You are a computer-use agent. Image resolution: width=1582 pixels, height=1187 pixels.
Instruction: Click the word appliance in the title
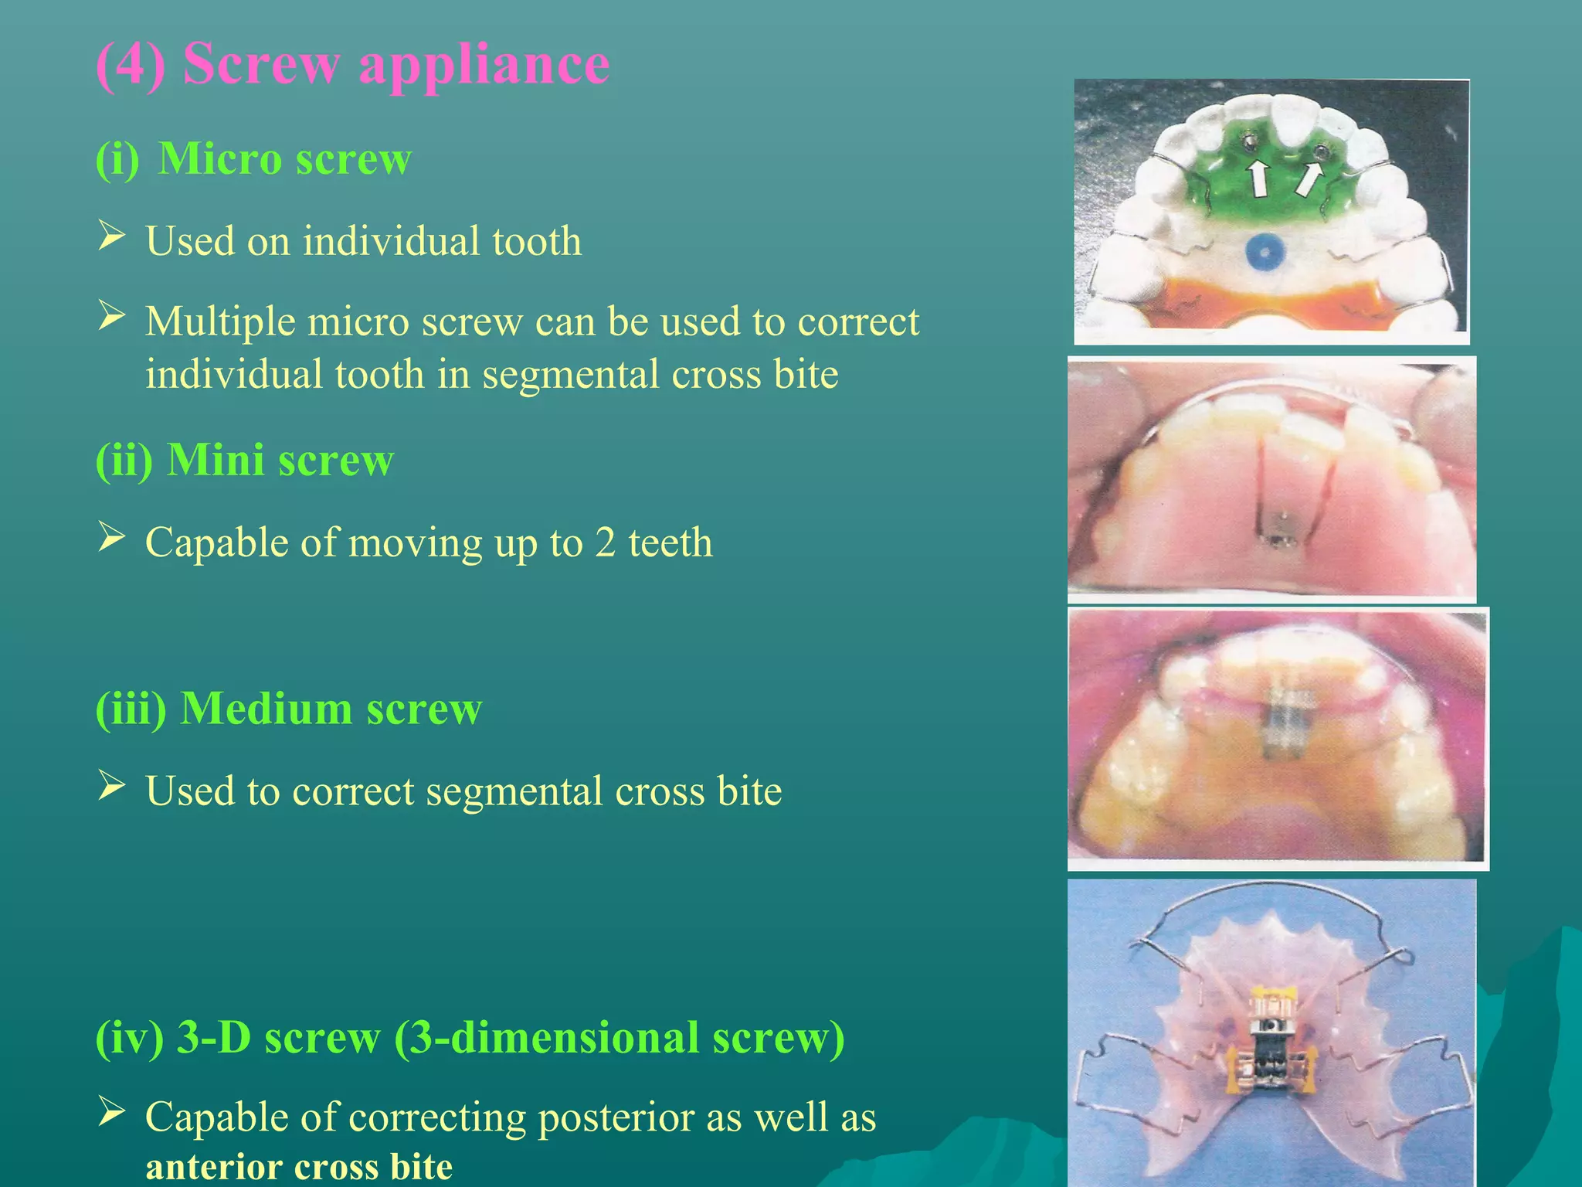pyautogui.click(x=484, y=65)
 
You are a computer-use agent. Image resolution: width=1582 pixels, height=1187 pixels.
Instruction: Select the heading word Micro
pyautogui.click(x=219, y=159)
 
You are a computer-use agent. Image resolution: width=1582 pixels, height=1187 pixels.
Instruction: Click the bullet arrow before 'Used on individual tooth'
pyautogui.click(x=111, y=235)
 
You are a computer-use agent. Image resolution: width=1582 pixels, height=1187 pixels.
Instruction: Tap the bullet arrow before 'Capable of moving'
pyautogui.click(x=111, y=536)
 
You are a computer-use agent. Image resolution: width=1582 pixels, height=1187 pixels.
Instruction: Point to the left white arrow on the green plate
pyautogui.click(x=1259, y=178)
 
